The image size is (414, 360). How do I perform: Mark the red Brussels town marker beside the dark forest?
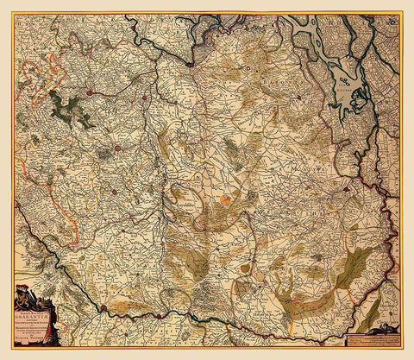pyautogui.click(x=89, y=91)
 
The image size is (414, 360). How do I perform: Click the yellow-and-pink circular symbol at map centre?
pyautogui.click(x=225, y=200)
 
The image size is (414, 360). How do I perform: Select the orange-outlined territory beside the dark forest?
pyautogui.click(x=34, y=199)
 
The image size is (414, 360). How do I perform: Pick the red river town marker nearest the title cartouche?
pyautogui.click(x=103, y=307)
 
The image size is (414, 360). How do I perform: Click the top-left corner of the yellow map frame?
pyautogui.click(x=12, y=11)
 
